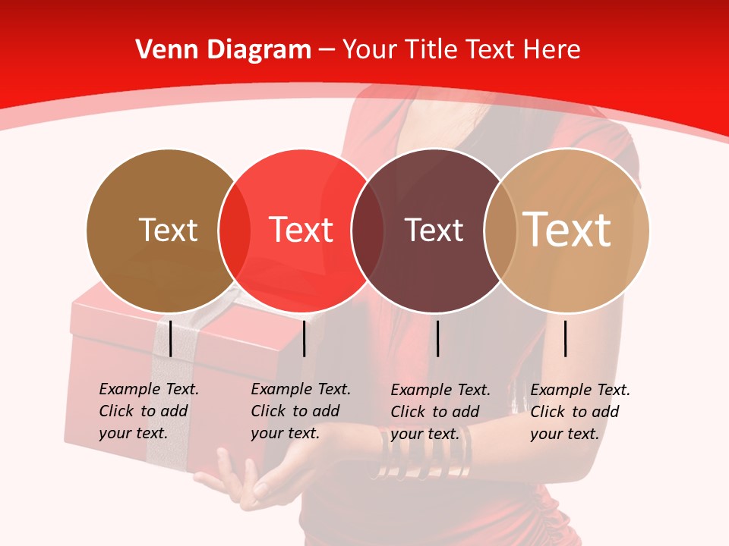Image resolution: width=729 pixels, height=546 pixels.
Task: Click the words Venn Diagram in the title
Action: pos(222,50)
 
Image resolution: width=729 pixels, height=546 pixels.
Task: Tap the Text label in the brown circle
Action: pos(168,231)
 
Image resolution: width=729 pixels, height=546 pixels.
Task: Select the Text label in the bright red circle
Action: pos(301,231)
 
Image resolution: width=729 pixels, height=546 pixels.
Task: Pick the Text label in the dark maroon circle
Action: pos(434,231)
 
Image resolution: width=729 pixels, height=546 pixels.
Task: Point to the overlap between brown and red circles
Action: pos(234,231)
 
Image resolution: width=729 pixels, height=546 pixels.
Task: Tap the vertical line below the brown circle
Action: pos(170,338)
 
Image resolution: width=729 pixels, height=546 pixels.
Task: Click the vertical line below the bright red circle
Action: pos(304,338)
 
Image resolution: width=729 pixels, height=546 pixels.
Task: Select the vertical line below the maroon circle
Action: pos(437,338)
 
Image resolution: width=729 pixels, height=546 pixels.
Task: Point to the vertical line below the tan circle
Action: pos(565,338)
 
